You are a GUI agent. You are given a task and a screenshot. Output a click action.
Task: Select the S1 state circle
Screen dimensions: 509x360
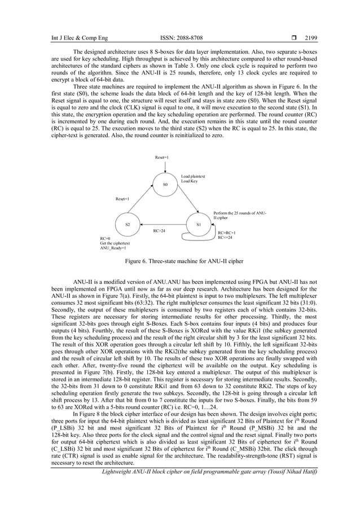coord(199,225)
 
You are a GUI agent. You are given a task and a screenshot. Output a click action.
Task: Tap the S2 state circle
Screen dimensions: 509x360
coord(127,225)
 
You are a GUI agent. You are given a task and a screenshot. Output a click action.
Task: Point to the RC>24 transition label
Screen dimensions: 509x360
coord(160,230)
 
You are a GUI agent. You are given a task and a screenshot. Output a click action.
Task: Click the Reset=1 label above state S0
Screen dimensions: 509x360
coord(162,157)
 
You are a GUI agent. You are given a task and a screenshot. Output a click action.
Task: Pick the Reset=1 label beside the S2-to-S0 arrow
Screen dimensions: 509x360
coord(122,199)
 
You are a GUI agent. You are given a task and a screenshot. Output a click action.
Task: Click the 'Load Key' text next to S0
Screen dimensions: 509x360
coord(189,181)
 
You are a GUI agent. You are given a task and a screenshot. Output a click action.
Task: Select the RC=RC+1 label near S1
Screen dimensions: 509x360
coord(226,232)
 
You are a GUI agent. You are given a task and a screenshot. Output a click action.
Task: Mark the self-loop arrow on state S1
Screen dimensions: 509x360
coord(201,239)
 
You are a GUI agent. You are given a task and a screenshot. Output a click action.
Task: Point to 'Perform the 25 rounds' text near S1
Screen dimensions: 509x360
coord(237,213)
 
